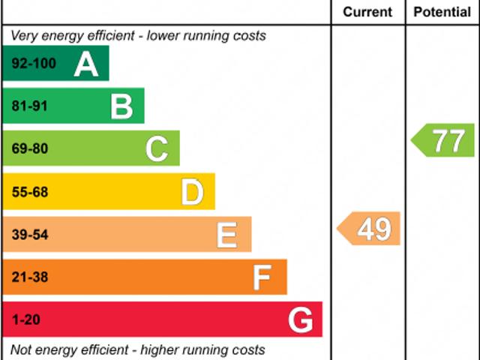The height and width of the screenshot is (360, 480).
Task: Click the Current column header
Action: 367,12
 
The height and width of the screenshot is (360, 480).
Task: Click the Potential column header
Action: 442,12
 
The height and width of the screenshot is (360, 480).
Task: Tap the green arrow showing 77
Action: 445,141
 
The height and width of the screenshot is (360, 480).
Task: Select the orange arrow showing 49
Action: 370,229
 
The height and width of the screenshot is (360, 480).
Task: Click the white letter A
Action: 86,64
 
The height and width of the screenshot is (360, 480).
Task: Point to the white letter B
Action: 121,107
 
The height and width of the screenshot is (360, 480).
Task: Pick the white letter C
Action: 157,149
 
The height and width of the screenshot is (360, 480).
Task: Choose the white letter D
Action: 193,193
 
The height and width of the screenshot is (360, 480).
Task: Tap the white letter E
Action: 227,235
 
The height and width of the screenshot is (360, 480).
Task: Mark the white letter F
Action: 262,278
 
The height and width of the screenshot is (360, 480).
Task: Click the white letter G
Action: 300,321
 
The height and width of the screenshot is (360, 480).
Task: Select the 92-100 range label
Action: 34,64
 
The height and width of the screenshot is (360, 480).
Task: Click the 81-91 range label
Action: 30,106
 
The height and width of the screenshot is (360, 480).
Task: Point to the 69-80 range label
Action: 30,149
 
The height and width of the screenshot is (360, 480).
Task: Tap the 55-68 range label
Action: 30,193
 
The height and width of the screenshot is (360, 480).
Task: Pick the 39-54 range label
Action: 30,235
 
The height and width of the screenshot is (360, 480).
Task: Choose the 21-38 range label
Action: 30,278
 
